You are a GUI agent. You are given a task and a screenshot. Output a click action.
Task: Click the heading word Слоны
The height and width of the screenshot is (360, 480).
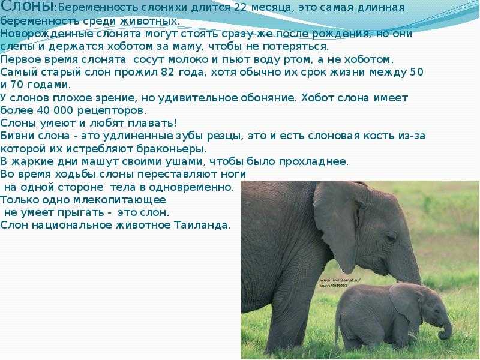[27, 7]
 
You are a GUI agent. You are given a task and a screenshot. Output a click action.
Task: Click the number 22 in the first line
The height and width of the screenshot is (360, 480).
[240, 7]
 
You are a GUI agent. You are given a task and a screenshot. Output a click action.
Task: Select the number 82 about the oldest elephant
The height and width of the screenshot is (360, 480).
[167, 72]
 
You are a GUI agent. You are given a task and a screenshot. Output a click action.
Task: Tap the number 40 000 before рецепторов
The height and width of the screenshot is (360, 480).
[55, 110]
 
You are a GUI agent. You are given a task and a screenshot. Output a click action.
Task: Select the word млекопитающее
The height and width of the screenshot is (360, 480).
[119, 200]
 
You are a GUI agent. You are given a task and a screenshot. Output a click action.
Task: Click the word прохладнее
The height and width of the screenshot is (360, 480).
[313, 161]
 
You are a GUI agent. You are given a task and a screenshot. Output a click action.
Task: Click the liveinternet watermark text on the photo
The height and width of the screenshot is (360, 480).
[340, 283]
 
